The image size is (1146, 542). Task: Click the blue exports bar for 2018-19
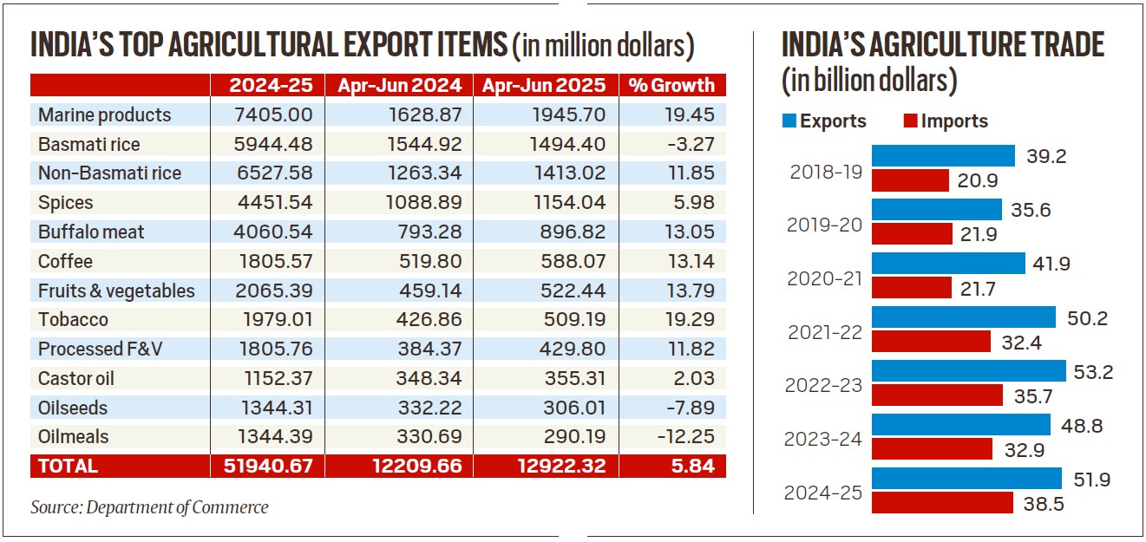point(942,155)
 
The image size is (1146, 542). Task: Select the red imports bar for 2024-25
point(941,503)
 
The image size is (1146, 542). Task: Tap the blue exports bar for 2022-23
point(968,370)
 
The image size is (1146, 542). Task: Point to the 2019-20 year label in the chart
point(823,225)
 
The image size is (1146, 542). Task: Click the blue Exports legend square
point(789,121)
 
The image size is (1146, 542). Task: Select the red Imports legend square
point(910,121)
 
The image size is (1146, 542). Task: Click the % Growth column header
point(672,85)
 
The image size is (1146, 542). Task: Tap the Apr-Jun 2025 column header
point(546,85)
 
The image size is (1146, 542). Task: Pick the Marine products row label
point(104,114)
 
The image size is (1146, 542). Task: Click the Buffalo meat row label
point(91,232)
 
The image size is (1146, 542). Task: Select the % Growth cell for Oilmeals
point(685,436)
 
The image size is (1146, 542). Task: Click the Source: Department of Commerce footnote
point(149,507)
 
